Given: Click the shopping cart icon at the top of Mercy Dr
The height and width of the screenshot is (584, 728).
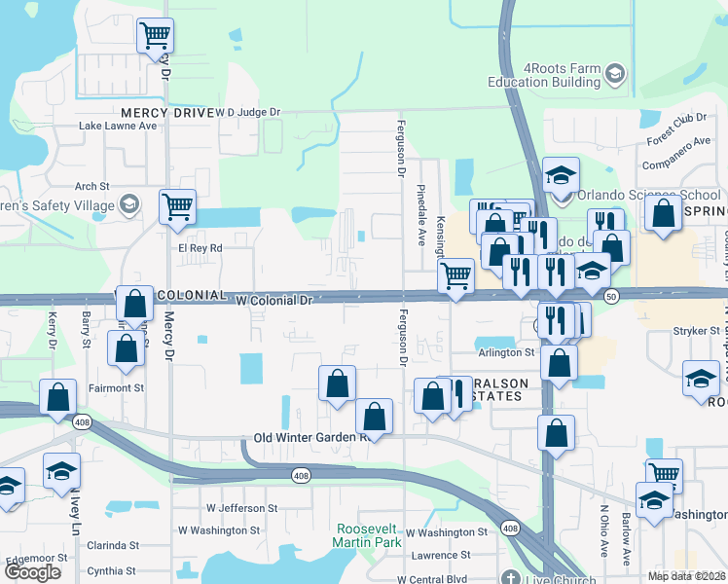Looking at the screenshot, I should click(155, 36).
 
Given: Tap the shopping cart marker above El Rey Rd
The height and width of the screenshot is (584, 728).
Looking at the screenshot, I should click(177, 206).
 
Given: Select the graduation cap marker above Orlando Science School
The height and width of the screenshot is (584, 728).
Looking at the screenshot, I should click(561, 175).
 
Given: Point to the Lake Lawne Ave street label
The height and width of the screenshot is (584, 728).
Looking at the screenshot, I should click(118, 126).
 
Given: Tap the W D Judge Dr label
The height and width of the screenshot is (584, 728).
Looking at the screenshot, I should click(247, 112).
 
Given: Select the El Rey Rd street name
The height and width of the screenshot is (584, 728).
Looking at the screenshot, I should click(200, 248).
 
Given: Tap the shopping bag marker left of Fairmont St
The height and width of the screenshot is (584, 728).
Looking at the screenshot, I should click(58, 397).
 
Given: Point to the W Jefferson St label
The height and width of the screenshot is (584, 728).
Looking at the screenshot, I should click(241, 508).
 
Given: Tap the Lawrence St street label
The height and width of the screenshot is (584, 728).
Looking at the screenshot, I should click(439, 555).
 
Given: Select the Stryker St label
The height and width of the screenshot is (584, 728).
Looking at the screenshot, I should click(695, 331).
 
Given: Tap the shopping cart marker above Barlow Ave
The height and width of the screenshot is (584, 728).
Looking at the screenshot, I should click(664, 476).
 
